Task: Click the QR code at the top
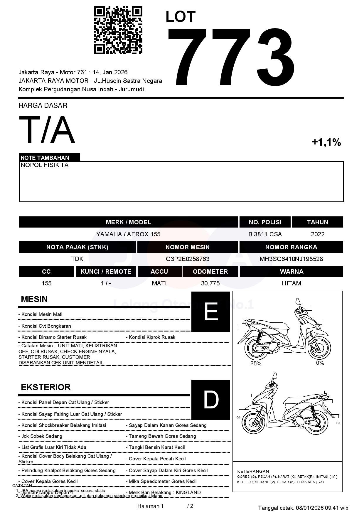tap(118, 30)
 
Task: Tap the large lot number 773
tap(231, 57)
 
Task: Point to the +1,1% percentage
tap(326, 142)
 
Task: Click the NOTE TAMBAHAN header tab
tap(45, 158)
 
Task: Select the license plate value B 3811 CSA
tap(265, 234)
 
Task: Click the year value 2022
tap(318, 234)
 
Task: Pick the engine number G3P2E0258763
tap(188, 259)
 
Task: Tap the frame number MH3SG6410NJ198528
tap(291, 259)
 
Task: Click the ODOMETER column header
tap(210, 272)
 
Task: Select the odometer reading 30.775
tap(210, 283)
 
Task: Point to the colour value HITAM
tap(291, 283)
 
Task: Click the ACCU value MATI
tap(159, 283)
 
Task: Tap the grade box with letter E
tap(211, 312)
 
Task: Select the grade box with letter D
tap(211, 400)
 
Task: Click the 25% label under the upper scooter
tap(256, 363)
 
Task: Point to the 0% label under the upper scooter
tap(320, 363)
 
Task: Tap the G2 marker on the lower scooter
tap(238, 418)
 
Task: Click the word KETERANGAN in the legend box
tap(253, 471)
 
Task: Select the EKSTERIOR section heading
tap(46, 387)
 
